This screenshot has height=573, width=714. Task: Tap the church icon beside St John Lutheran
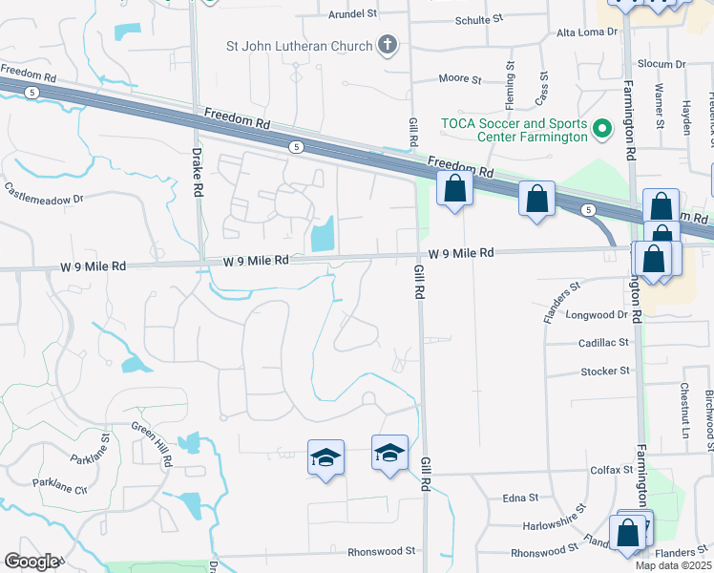pyautogui.click(x=388, y=44)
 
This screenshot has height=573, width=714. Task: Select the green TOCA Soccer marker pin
pyautogui.click(x=601, y=128)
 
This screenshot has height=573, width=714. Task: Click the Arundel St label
pyautogui.click(x=353, y=14)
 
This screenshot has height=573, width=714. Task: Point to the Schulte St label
pyautogui.click(x=479, y=19)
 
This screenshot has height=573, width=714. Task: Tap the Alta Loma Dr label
pyautogui.click(x=588, y=32)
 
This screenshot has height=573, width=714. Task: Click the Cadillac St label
pyautogui.click(x=603, y=341)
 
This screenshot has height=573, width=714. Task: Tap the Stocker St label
pyautogui.click(x=606, y=371)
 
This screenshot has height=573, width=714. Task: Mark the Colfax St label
pyautogui.click(x=612, y=470)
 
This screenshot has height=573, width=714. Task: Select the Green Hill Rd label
pyautogui.click(x=153, y=444)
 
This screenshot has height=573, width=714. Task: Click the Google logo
pyautogui.click(x=31, y=562)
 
